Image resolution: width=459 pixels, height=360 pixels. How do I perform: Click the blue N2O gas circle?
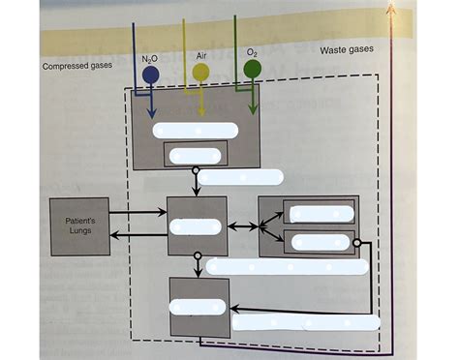(150, 75)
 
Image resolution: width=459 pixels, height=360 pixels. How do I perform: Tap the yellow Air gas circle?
(200, 73)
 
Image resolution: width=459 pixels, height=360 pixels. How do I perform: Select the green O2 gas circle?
(252, 69)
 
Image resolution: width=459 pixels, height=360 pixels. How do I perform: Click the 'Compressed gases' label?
(76, 67)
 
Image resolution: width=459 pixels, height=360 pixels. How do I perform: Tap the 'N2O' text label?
(150, 59)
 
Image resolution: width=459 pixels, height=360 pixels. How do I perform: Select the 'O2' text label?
(252, 52)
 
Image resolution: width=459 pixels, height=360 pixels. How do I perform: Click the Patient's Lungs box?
(79, 225)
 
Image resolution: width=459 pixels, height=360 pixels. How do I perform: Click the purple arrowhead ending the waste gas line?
(392, 8)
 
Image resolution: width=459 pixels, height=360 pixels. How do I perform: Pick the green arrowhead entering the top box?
(253, 109)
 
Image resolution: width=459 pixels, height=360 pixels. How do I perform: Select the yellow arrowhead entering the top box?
(201, 112)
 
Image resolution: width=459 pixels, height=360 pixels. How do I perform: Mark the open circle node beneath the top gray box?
(197, 171)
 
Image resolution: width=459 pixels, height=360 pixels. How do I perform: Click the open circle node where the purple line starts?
(356, 243)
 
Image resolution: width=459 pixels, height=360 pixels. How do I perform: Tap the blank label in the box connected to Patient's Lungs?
(196, 226)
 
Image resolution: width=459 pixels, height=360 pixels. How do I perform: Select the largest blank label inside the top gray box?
(196, 130)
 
